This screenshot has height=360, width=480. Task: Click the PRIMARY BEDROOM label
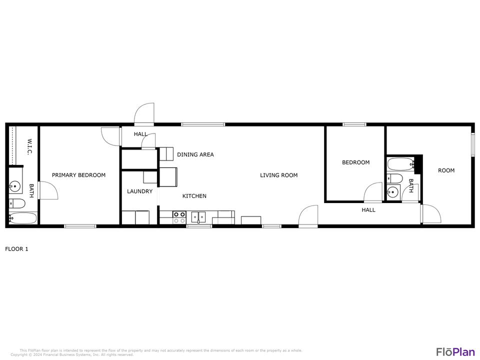tap(78, 175)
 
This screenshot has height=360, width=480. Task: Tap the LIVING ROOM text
tap(278, 175)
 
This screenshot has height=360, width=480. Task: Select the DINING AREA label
tap(195, 154)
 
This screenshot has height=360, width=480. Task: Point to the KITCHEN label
tap(194, 196)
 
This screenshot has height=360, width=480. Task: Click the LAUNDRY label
tap(139, 191)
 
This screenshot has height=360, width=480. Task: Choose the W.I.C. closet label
tap(29, 146)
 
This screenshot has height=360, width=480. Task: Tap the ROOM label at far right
tap(446, 170)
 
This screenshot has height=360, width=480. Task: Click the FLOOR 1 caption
tap(16, 248)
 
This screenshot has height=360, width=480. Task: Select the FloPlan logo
tap(455, 351)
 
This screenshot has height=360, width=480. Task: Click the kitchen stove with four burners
tap(179, 217)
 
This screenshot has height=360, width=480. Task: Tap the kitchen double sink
tap(198, 217)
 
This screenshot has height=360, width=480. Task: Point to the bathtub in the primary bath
tap(23, 218)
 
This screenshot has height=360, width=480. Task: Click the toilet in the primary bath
tap(17, 203)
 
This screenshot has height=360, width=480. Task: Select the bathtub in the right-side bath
tap(400, 163)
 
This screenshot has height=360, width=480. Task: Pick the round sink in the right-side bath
tap(393, 191)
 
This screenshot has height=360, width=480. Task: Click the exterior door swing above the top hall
tap(144, 114)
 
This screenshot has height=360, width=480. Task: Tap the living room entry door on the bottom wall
tap(308, 216)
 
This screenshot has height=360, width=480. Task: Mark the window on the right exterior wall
tap(472, 145)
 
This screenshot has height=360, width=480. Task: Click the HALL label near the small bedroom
tap(368, 210)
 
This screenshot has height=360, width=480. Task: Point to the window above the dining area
tap(202, 124)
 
